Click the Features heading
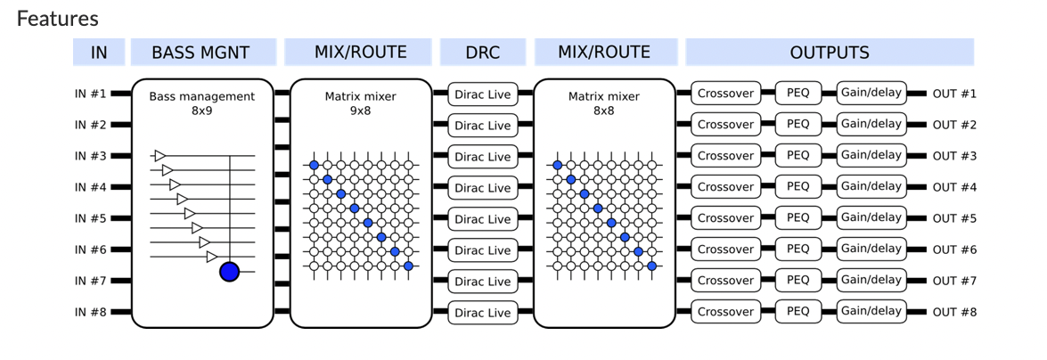click(57, 19)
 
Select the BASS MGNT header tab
click(204, 52)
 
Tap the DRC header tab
click(483, 52)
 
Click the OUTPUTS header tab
click(830, 52)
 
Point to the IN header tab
click(99, 52)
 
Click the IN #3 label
click(90, 156)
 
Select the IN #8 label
click(90, 312)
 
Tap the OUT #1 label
click(955, 94)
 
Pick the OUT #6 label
click(955, 250)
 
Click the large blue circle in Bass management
click(229, 272)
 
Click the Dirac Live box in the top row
click(483, 94)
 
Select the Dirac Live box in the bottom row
click(483, 313)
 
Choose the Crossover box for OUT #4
click(725, 187)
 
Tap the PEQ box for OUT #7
click(798, 280)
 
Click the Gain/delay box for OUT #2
click(871, 124)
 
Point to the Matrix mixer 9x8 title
click(361, 102)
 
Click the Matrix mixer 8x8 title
click(603, 102)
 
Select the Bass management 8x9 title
click(201, 102)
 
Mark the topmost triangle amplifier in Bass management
click(160, 156)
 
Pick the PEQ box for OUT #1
click(798, 94)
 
